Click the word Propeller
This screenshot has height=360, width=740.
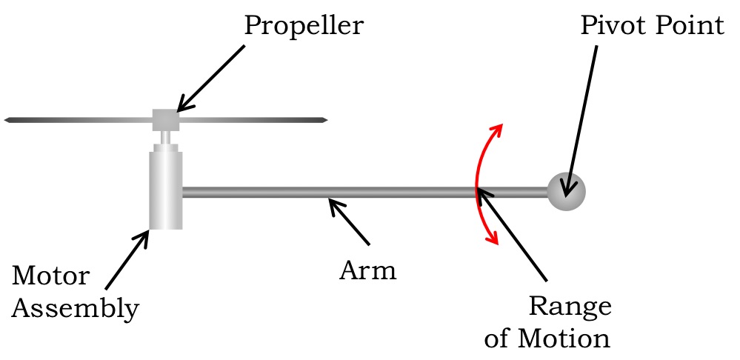coord(304,26)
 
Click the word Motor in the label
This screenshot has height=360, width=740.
coord(50,276)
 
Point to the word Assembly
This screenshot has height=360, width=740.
coord(75,308)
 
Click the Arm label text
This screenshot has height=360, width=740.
coord(368,270)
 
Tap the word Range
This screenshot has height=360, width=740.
coord(570,306)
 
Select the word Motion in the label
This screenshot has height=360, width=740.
coord(567,339)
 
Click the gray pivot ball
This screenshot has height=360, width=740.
coord(566,191)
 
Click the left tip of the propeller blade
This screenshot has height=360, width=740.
coord(7,119)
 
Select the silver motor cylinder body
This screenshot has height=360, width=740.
coord(166,189)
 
